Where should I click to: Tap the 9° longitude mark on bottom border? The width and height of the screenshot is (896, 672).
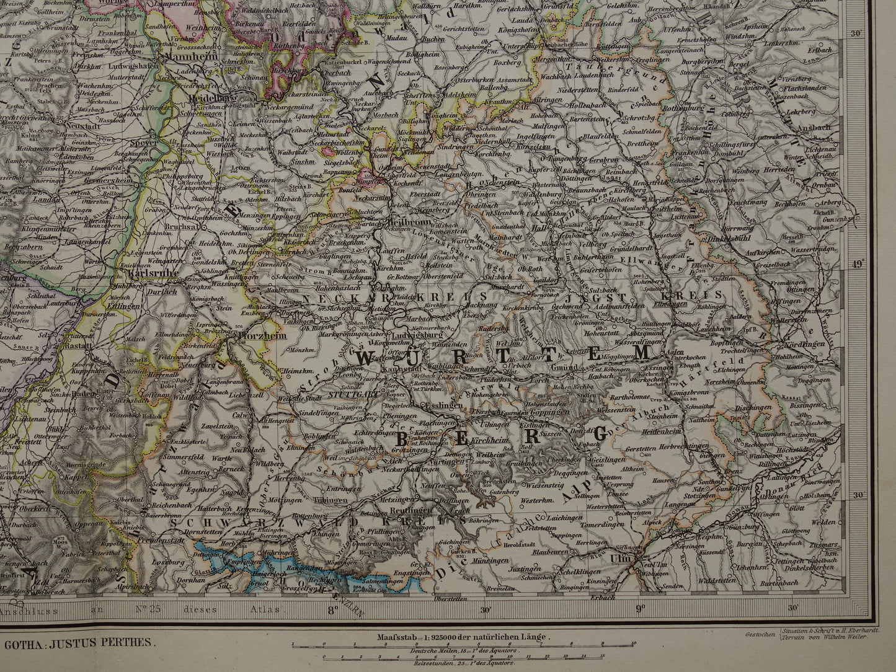(x=639, y=608)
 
